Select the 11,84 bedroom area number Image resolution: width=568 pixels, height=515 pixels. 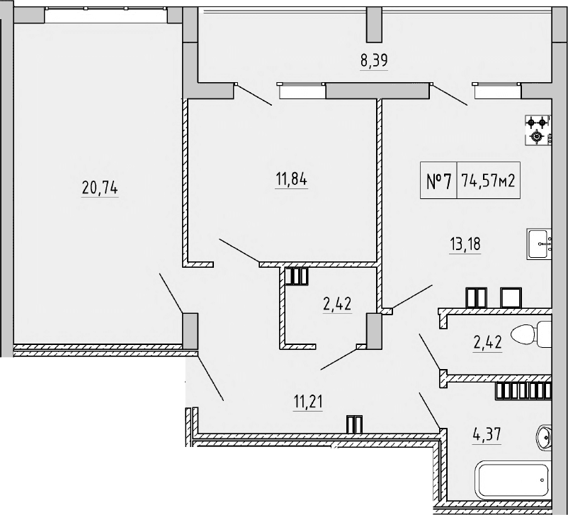291,179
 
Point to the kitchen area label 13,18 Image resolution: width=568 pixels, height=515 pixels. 465,245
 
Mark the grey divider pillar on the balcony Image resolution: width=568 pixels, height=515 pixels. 373,25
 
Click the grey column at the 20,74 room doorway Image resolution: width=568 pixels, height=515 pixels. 190,330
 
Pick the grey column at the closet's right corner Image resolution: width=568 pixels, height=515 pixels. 373,330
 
